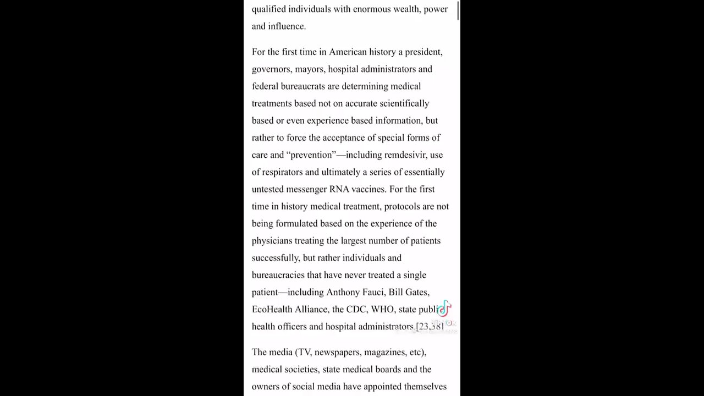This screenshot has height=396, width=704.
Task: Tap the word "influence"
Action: coord(285,26)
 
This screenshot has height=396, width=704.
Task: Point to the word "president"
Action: coord(424,52)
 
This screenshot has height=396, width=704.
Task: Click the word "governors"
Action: coord(271,69)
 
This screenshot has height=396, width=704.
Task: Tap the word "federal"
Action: coord(265,86)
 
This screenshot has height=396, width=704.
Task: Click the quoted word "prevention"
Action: coord(311,155)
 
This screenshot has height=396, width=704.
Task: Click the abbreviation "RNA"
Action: coord(339,189)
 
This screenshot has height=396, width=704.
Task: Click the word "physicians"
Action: coord(272,240)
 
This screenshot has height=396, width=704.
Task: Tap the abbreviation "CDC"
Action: coord(356,309)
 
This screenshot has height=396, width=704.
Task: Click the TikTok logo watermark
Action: coord(444,309)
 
